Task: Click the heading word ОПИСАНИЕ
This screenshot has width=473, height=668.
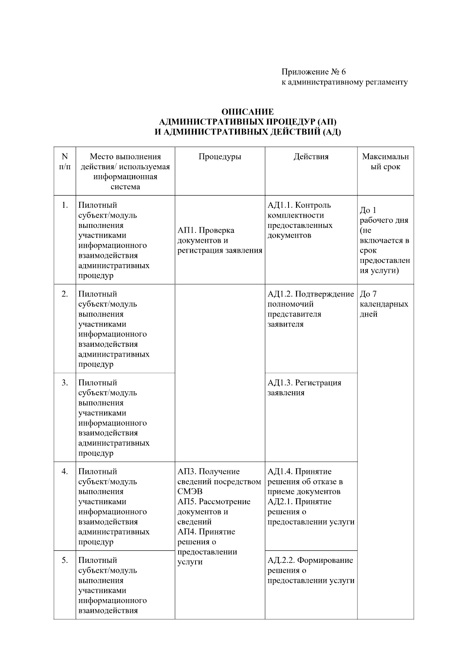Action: [247, 112]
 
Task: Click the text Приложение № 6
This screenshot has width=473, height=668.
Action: [313, 72]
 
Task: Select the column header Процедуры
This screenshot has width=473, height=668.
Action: [220, 157]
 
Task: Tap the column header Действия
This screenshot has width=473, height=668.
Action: [311, 157]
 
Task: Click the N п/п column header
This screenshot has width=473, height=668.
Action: [65, 161]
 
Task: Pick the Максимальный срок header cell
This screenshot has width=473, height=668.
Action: [385, 162]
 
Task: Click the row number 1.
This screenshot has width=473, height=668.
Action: [65, 205]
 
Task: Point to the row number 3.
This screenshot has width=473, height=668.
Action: [65, 383]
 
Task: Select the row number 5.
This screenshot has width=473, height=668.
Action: [65, 560]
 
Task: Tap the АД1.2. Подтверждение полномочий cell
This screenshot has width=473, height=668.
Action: [311, 309]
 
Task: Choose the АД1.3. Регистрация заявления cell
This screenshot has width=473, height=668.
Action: [304, 388]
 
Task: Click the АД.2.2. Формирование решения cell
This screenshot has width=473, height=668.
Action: [311, 570]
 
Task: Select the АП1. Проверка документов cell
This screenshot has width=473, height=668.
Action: [220, 240]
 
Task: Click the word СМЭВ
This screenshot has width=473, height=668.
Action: [190, 492]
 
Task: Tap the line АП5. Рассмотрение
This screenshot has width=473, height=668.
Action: [214, 501]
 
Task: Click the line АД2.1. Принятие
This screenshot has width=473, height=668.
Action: [300, 501]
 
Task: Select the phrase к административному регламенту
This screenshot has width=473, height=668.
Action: [344, 82]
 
